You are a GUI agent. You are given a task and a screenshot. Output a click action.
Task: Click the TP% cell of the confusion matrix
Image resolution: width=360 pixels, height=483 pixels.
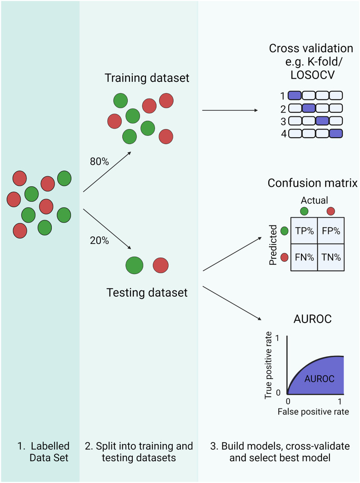tap(304, 231)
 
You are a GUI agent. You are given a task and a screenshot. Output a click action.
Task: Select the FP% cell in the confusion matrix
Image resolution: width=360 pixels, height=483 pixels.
tap(330, 231)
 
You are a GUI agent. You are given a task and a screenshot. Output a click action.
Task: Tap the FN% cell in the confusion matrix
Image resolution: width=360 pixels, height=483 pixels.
tap(304, 256)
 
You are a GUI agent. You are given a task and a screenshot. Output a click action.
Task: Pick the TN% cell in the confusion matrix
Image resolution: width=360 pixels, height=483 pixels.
tap(330, 256)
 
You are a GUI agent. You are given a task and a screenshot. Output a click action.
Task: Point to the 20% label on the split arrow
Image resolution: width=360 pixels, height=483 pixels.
tap(100, 241)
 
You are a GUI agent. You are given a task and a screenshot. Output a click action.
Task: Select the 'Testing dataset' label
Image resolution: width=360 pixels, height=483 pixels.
tap(147, 293)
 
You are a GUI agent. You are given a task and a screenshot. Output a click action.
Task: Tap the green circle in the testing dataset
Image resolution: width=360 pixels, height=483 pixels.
tap(134, 265)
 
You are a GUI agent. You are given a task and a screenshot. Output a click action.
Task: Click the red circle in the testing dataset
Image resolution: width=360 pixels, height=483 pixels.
tap(160, 265)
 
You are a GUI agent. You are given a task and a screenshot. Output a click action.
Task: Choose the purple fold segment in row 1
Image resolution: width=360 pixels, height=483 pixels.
tap(295, 95)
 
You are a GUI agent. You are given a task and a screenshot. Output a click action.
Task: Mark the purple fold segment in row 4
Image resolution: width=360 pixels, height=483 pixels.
tap(335, 134)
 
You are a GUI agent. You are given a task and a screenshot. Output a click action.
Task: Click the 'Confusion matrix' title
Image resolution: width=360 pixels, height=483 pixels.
tap(312, 183)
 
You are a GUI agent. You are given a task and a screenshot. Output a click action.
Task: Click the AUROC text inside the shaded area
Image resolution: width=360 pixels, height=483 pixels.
tap(319, 378)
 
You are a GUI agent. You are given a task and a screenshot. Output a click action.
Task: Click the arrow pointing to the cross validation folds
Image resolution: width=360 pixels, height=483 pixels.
tap(229, 110)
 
